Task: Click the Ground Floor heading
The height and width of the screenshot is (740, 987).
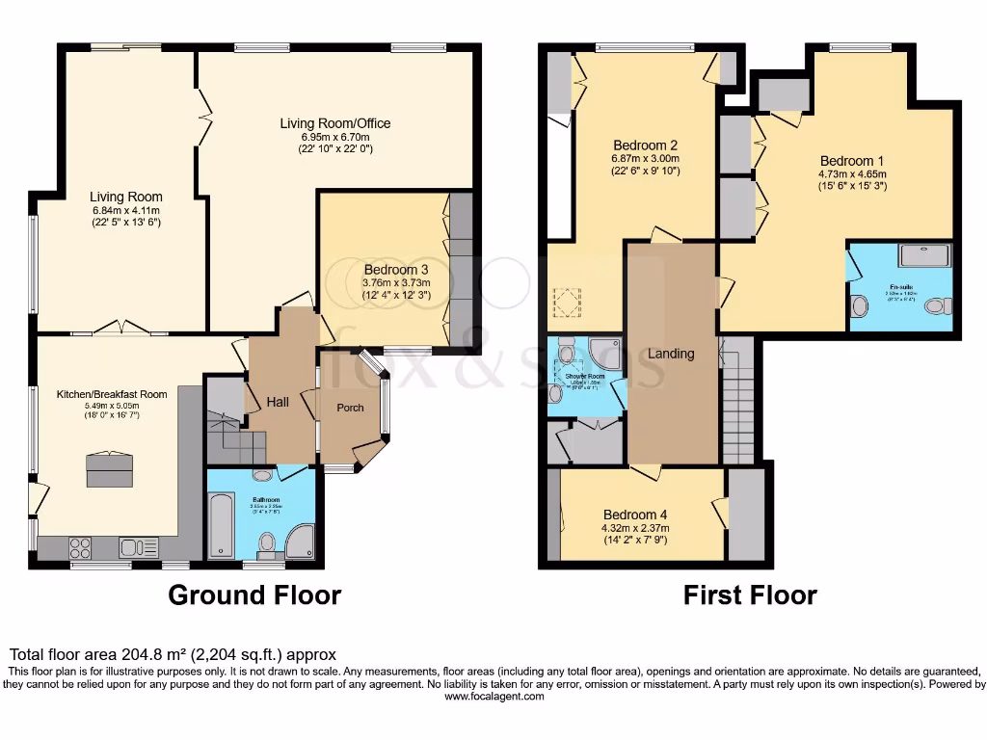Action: click(254, 595)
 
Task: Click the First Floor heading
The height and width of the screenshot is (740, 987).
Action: click(750, 595)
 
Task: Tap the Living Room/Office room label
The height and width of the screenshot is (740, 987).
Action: click(334, 123)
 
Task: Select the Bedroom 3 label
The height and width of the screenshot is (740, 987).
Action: click(395, 270)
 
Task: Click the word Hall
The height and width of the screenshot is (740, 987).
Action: click(280, 403)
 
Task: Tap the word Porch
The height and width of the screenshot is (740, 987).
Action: click(350, 408)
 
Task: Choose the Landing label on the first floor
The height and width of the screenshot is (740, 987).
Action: click(671, 354)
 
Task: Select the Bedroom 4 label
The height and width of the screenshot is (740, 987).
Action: click(635, 514)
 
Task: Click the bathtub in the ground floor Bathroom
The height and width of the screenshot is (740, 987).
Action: click(221, 526)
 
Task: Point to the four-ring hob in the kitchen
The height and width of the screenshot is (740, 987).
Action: click(80, 548)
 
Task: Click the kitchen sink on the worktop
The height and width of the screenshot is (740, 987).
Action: click(139, 548)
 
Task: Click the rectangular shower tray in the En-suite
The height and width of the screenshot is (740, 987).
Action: click(923, 254)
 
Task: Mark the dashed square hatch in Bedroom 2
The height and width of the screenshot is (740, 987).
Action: click(568, 303)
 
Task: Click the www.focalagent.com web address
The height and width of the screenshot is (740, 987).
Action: click(493, 697)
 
